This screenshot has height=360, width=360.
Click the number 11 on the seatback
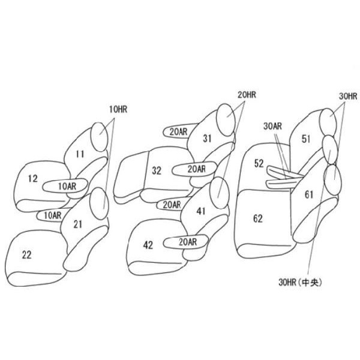click(x=80, y=154)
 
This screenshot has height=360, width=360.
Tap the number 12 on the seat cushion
click(x=33, y=178)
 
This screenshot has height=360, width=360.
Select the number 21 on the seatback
click(x=78, y=224)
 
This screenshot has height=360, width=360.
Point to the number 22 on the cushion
click(x=26, y=255)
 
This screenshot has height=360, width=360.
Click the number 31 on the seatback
click(x=208, y=139)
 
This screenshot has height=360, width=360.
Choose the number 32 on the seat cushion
click(x=157, y=170)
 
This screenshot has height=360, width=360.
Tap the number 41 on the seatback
click(x=201, y=211)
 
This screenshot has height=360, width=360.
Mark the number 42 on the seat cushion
click(x=148, y=245)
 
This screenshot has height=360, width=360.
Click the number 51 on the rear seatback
click(x=306, y=139)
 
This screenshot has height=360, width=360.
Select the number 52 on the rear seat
click(x=259, y=163)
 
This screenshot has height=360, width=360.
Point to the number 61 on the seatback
click(x=309, y=194)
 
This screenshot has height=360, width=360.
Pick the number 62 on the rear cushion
click(x=258, y=218)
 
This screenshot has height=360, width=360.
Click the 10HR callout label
click(x=118, y=110)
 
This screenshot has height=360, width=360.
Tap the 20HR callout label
click(x=247, y=95)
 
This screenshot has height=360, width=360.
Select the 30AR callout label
click(x=272, y=126)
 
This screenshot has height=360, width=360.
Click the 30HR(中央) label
click(x=300, y=282)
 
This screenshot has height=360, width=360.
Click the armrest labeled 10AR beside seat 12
click(x=65, y=186)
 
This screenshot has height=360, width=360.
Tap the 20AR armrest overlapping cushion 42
click(x=186, y=242)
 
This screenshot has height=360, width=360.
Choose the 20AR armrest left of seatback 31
click(x=177, y=132)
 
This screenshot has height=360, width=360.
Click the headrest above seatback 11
click(x=100, y=137)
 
